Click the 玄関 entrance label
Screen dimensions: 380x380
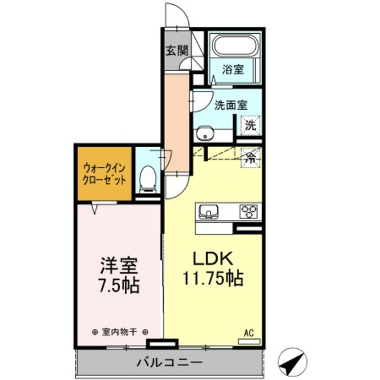175,50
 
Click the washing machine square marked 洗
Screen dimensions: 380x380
251,126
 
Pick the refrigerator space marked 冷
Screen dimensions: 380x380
251,158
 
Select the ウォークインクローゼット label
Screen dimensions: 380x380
103,173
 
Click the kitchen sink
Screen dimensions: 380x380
209,211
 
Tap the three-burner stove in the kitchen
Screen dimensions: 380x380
249,211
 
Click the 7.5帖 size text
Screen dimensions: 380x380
118,286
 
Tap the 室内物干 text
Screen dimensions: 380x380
121,332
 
